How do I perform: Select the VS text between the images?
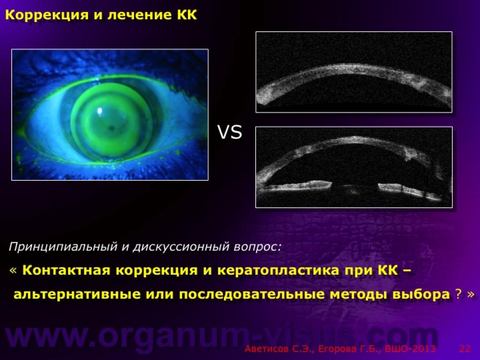tap(230, 132)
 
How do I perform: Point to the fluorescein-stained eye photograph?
tap(110, 114)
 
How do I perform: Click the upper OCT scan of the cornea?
tap(354, 72)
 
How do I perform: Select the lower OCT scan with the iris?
tap(354, 167)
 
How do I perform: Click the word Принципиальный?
tap(63, 247)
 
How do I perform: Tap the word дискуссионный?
tap(181, 247)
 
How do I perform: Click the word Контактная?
tap(66, 270)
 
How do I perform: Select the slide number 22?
tap(465, 349)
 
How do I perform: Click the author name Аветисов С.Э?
tap(279, 349)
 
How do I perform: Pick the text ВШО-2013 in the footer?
tap(410, 349)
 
